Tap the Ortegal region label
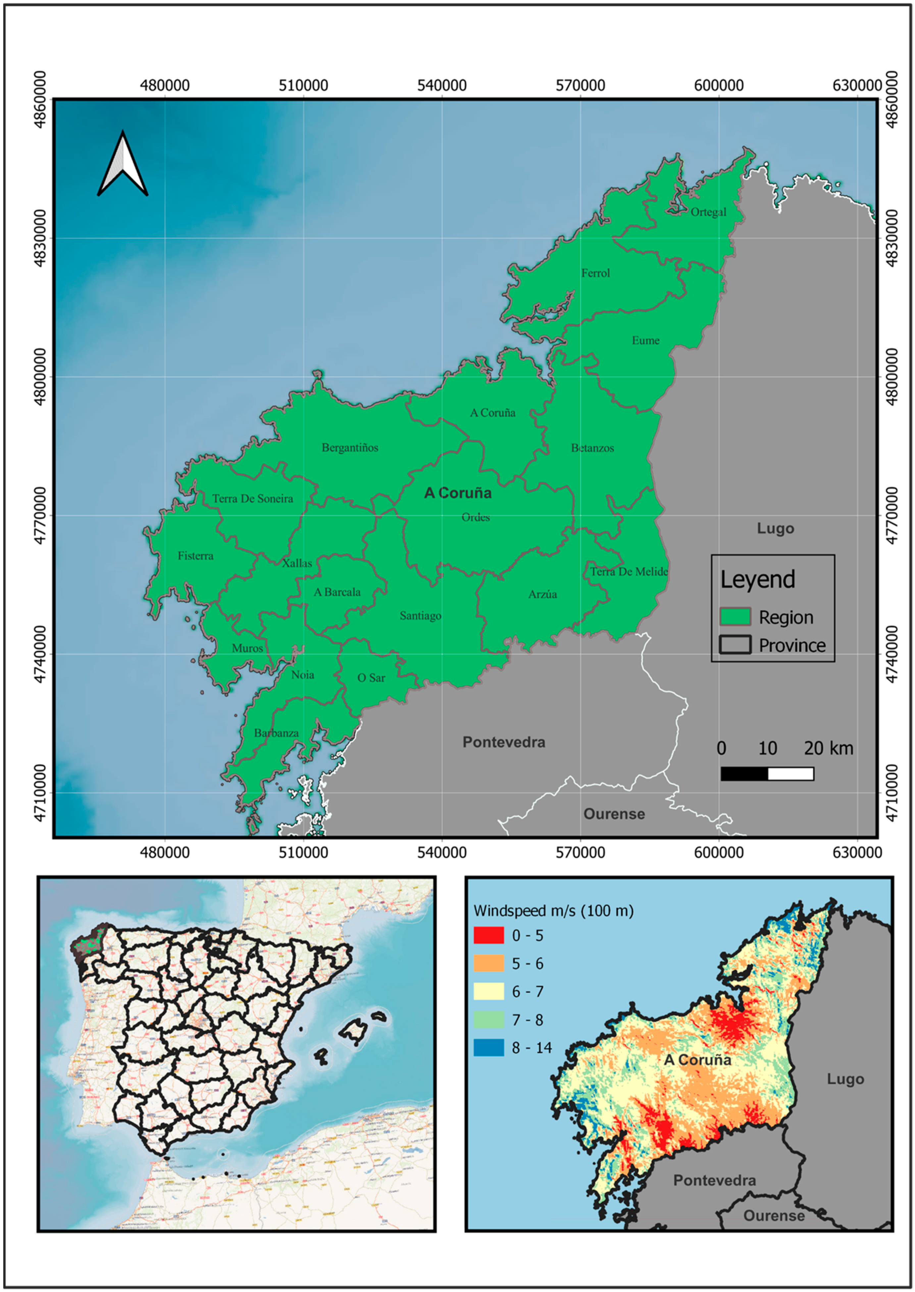pyautogui.click(x=708, y=212)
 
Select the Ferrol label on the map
pyautogui.click(x=595, y=273)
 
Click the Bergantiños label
pyautogui.click(x=350, y=448)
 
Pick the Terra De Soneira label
pyautogui.click(x=252, y=499)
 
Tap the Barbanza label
pyautogui.click(x=276, y=733)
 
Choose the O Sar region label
pyautogui.click(x=371, y=678)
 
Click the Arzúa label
pyautogui.click(x=542, y=594)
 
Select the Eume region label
pyautogui.click(x=645, y=340)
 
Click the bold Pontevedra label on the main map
pyautogui.click(x=504, y=742)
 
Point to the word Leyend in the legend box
pyautogui.click(x=758, y=580)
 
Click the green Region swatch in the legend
pyautogui.click(x=735, y=617)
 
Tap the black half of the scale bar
pyautogui.click(x=744, y=774)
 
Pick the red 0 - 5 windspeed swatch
pyautogui.click(x=488, y=935)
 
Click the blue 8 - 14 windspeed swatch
pyautogui.click(x=488, y=1048)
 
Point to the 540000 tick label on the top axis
pyautogui.click(x=442, y=86)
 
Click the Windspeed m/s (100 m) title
pyautogui.click(x=553, y=910)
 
